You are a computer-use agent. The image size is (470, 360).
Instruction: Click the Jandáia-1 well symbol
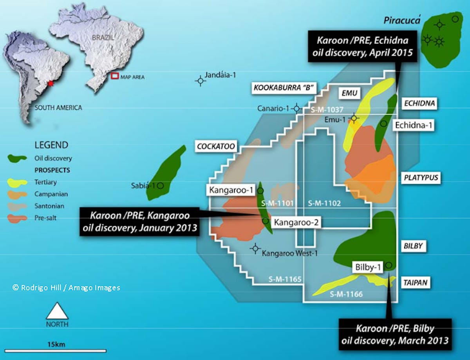coord(201,80)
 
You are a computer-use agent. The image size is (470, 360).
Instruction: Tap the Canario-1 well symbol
coord(297,109)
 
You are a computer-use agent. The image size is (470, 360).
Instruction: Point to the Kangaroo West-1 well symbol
coord(255,248)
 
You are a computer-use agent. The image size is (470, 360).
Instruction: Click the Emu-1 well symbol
coord(354,118)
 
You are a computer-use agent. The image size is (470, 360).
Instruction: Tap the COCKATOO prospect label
coord(216,147)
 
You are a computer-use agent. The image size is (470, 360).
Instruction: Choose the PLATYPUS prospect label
coord(420,178)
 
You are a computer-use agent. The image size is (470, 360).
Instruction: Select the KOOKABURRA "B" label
coord(283,88)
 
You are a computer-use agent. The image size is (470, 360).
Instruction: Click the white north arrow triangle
coord(57,311)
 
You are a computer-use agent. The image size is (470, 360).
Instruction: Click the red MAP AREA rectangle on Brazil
coord(115,76)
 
